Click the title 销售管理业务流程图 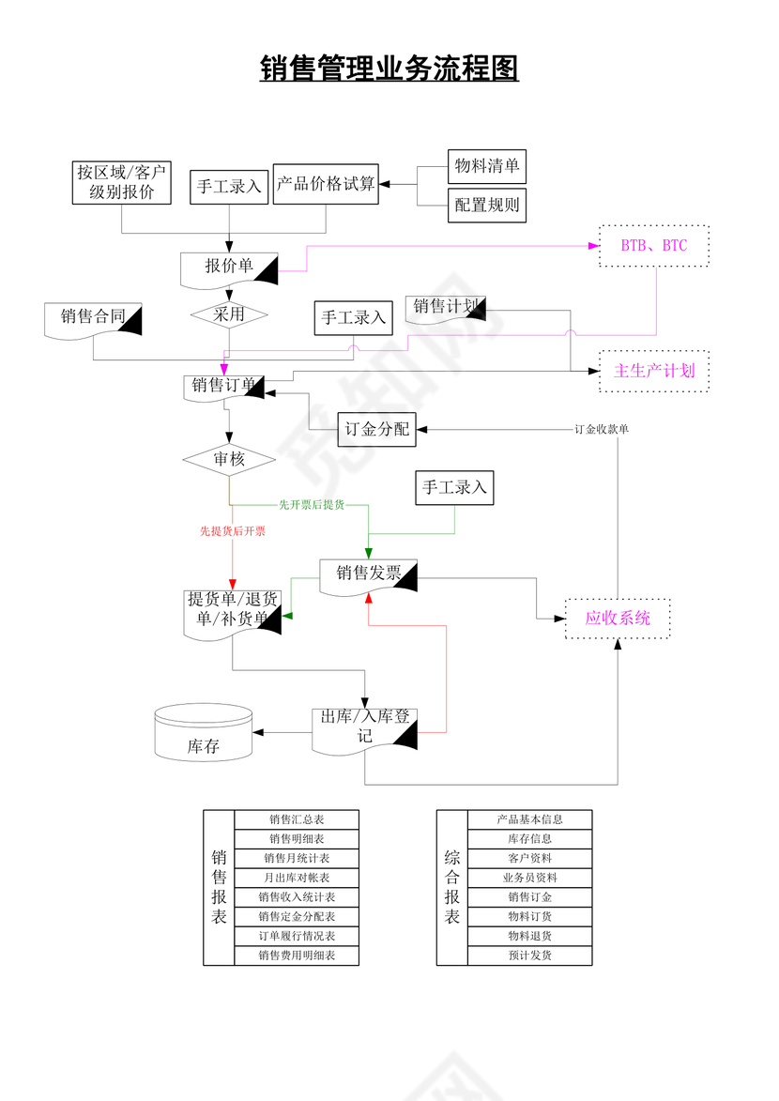tap(389, 69)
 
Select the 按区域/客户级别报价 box tap(122, 182)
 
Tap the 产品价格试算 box tap(325, 184)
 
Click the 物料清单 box tap(486, 166)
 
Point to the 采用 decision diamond tap(229, 314)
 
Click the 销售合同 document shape tap(93, 317)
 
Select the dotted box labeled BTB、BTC tap(654, 246)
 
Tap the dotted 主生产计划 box tap(654, 371)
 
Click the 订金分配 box tap(375, 430)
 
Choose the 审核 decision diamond tap(229, 460)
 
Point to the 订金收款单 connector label tap(602, 429)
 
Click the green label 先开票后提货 tap(311, 505)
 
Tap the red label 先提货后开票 tap(232, 531)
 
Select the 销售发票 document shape tap(367, 574)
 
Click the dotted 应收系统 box tap(618, 619)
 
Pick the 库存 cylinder tap(203, 733)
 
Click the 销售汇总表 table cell tap(297, 819)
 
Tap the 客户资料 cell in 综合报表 tap(529, 858)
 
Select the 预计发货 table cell tap(529, 956)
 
